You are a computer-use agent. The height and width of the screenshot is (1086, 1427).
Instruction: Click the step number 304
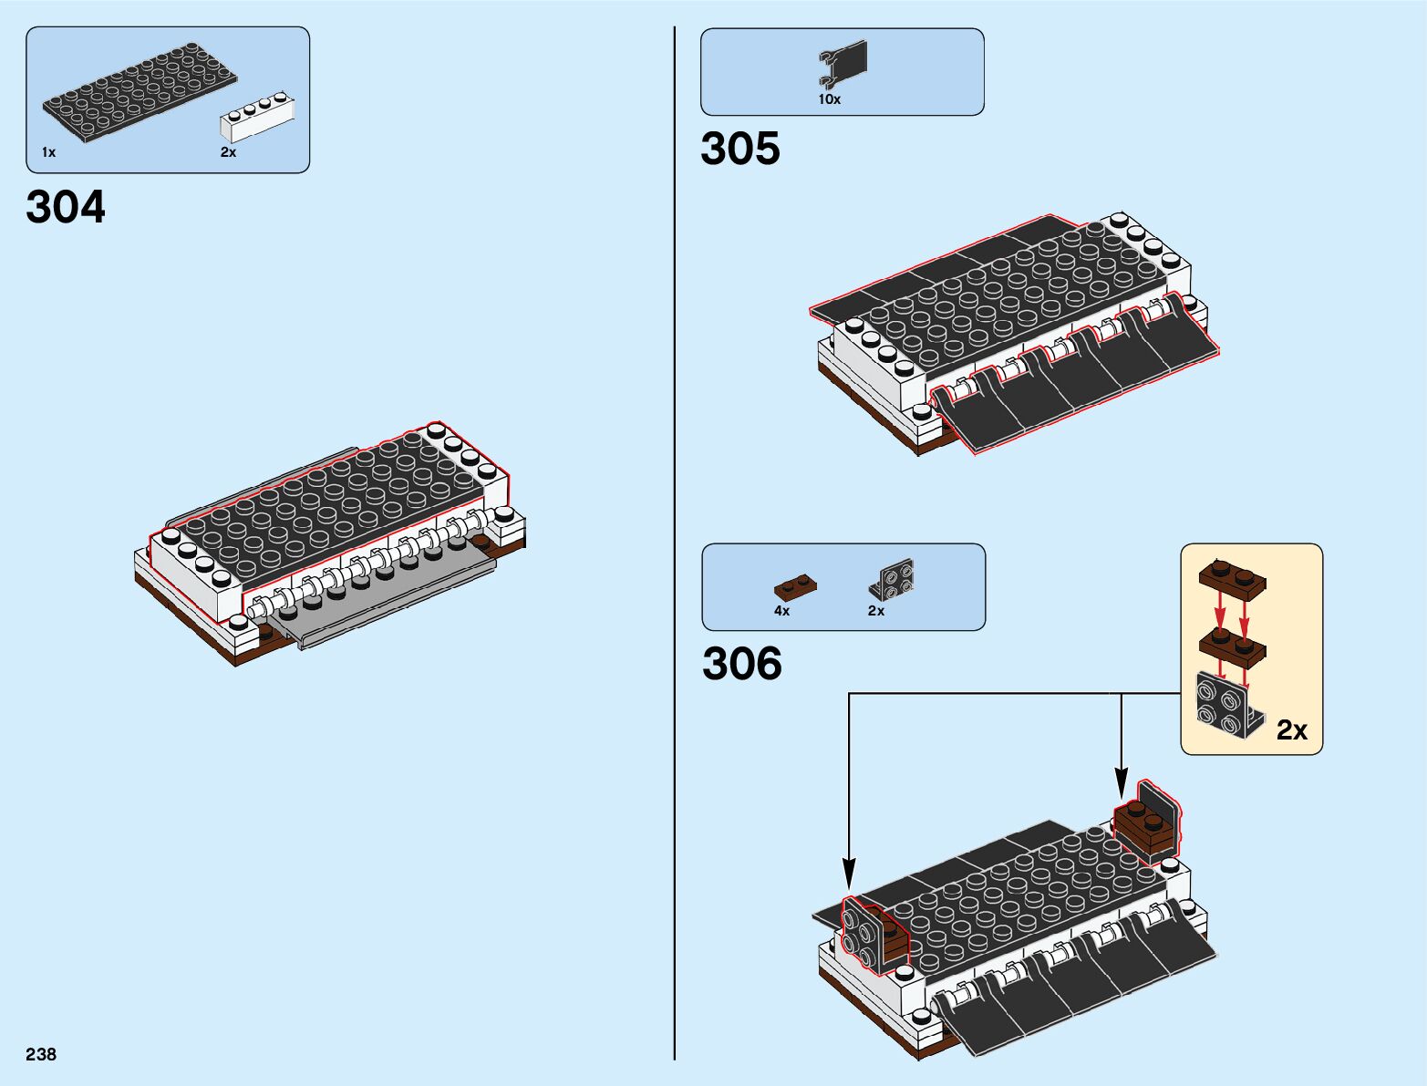pyautogui.click(x=66, y=207)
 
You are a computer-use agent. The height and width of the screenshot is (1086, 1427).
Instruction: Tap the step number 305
pyautogui.click(x=739, y=149)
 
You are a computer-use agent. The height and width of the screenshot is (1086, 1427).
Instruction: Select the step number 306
pyautogui.click(x=741, y=663)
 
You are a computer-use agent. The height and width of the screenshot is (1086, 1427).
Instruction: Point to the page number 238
pyautogui.click(x=41, y=1054)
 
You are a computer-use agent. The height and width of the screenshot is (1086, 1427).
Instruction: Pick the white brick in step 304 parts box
pyautogui.click(x=258, y=118)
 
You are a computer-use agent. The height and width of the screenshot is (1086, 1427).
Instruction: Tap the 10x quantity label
pyautogui.click(x=829, y=99)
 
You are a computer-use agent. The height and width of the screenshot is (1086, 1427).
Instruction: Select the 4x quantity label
pyautogui.click(x=781, y=611)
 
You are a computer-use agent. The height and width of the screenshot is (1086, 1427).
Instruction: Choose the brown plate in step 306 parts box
pyautogui.click(x=795, y=585)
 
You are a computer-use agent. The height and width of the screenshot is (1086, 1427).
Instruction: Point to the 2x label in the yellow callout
pyautogui.click(x=1291, y=729)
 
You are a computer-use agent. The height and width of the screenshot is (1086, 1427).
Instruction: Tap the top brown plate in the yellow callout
pyautogui.click(x=1232, y=577)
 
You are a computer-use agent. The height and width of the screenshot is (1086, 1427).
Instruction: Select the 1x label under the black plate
pyautogui.click(x=48, y=152)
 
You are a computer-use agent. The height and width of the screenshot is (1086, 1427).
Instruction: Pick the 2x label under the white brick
pyautogui.click(x=228, y=152)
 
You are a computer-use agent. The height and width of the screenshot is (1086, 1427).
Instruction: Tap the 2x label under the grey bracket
pyautogui.click(x=875, y=611)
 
